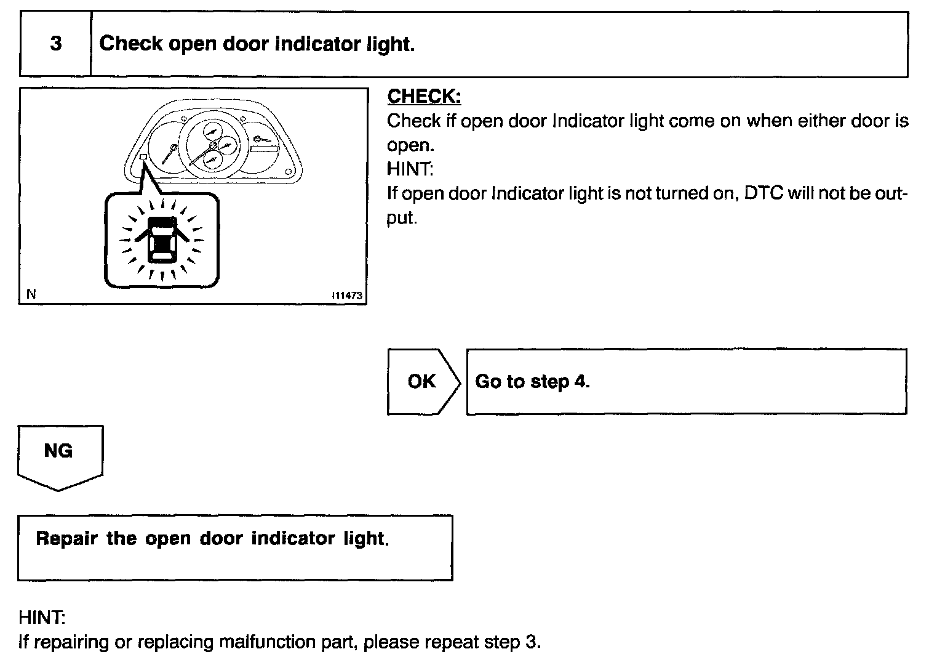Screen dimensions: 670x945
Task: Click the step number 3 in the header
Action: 55,44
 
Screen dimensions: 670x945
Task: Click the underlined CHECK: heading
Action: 424,97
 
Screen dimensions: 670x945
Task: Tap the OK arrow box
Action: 422,382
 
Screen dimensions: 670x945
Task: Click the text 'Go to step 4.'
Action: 532,382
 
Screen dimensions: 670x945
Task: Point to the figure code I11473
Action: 347,296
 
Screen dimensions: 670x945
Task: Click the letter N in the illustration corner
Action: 31,294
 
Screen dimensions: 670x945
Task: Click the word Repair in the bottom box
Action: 66,539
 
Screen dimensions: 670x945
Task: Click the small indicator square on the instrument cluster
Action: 143,158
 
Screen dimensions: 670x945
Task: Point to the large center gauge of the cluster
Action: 212,145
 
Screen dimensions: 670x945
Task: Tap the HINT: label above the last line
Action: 42,618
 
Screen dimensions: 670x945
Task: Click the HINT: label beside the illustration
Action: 410,169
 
